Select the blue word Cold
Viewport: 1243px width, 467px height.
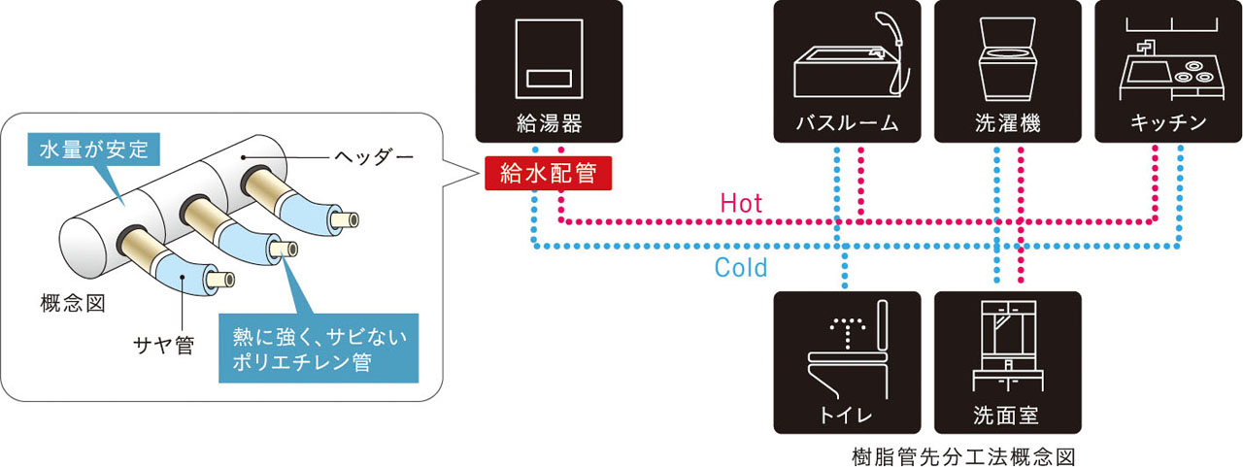[741, 267]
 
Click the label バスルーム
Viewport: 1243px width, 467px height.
[848, 123]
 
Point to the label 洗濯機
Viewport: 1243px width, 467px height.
[1007, 123]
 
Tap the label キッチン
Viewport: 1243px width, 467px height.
[1168, 123]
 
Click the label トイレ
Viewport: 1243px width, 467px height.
[848, 416]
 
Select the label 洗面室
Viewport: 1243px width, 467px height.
[1007, 416]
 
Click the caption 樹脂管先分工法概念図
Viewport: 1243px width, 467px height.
[962, 453]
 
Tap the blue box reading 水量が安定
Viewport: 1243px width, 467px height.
[93, 150]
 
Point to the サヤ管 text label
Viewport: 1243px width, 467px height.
[164, 344]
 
